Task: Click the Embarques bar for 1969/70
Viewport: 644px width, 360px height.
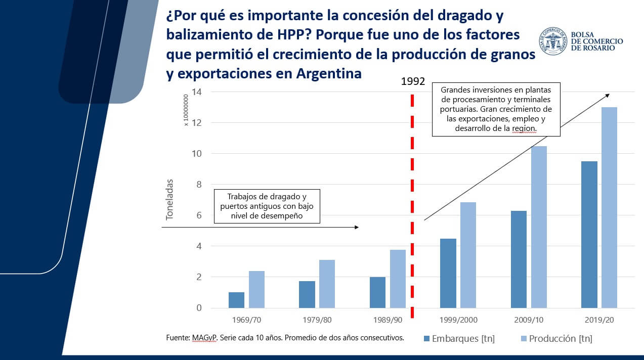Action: pos(236,300)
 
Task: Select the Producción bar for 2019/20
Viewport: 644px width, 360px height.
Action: pos(609,207)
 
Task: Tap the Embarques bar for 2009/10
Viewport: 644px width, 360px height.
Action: pos(519,259)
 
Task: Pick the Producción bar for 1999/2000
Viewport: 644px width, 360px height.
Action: pos(468,255)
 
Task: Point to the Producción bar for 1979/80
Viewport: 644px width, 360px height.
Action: pos(327,284)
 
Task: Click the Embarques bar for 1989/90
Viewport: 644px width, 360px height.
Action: pos(377,292)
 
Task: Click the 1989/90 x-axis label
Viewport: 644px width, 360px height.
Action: pos(388,321)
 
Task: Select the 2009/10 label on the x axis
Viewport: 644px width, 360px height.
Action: pos(529,321)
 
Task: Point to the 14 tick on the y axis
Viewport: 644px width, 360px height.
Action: pos(197,92)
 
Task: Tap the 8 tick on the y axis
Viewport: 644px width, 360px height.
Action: pos(198,185)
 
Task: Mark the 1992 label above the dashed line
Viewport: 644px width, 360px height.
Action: pos(413,81)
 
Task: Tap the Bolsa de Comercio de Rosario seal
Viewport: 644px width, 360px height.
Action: pos(552,41)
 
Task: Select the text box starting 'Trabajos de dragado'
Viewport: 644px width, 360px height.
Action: pos(267,206)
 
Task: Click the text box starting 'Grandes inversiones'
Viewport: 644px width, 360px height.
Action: pos(496,109)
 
